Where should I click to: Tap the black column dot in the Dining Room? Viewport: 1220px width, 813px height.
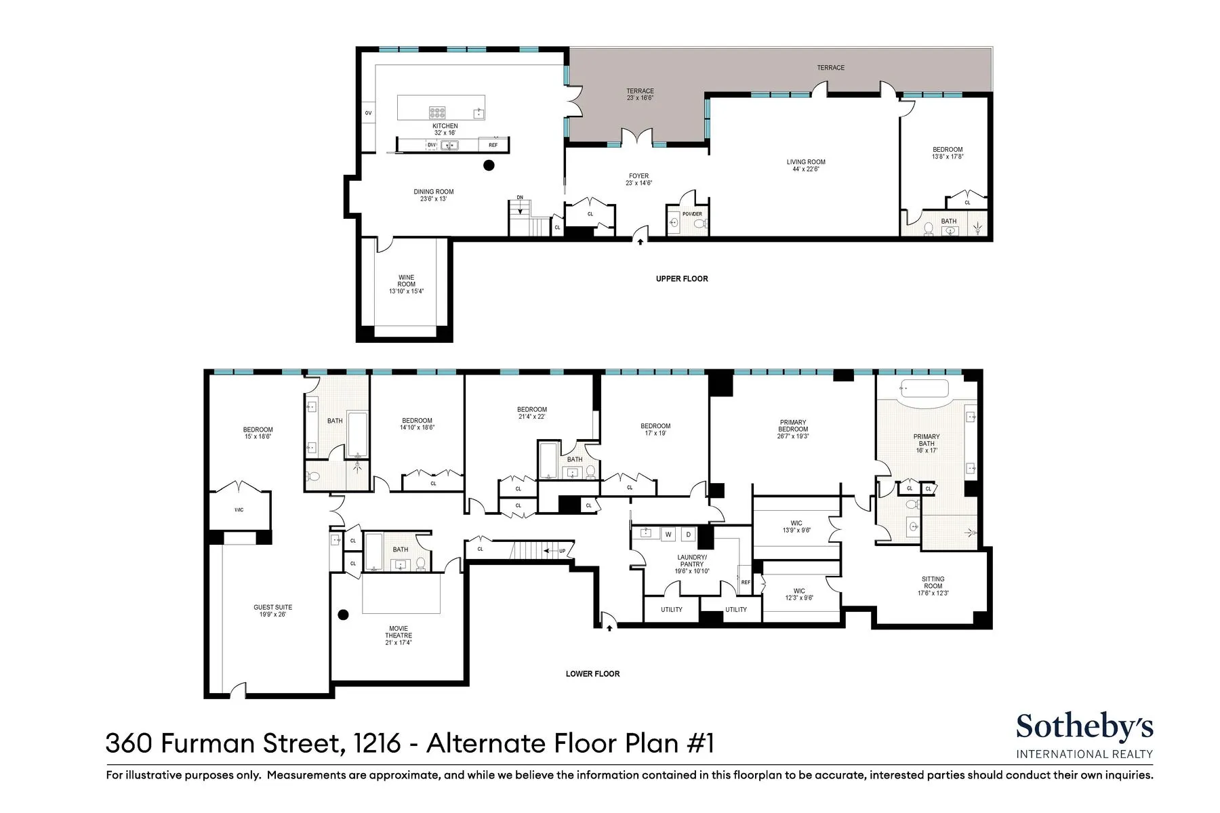tap(489, 165)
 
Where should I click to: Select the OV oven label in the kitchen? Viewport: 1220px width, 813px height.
tap(368, 113)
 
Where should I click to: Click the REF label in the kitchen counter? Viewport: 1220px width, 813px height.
tap(493, 145)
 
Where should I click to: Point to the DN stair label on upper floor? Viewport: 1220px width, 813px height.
tap(520, 197)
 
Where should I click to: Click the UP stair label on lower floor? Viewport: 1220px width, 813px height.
tap(562, 551)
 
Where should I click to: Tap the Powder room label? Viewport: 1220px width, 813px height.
tap(692, 214)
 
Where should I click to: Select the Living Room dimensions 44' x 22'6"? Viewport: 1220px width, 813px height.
tap(806, 169)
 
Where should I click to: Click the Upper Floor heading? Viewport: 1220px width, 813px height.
tap(681, 278)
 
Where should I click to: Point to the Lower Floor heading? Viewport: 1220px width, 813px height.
tap(592, 673)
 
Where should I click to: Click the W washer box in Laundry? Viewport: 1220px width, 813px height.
tap(668, 535)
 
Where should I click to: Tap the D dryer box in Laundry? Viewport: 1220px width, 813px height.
tap(688, 535)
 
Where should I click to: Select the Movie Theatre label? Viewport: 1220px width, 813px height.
tap(399, 631)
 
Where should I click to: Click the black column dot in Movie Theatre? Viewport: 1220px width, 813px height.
tap(343, 614)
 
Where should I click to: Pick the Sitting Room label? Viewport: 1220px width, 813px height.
tap(933, 583)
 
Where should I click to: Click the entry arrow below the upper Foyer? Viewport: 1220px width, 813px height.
tap(640, 240)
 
